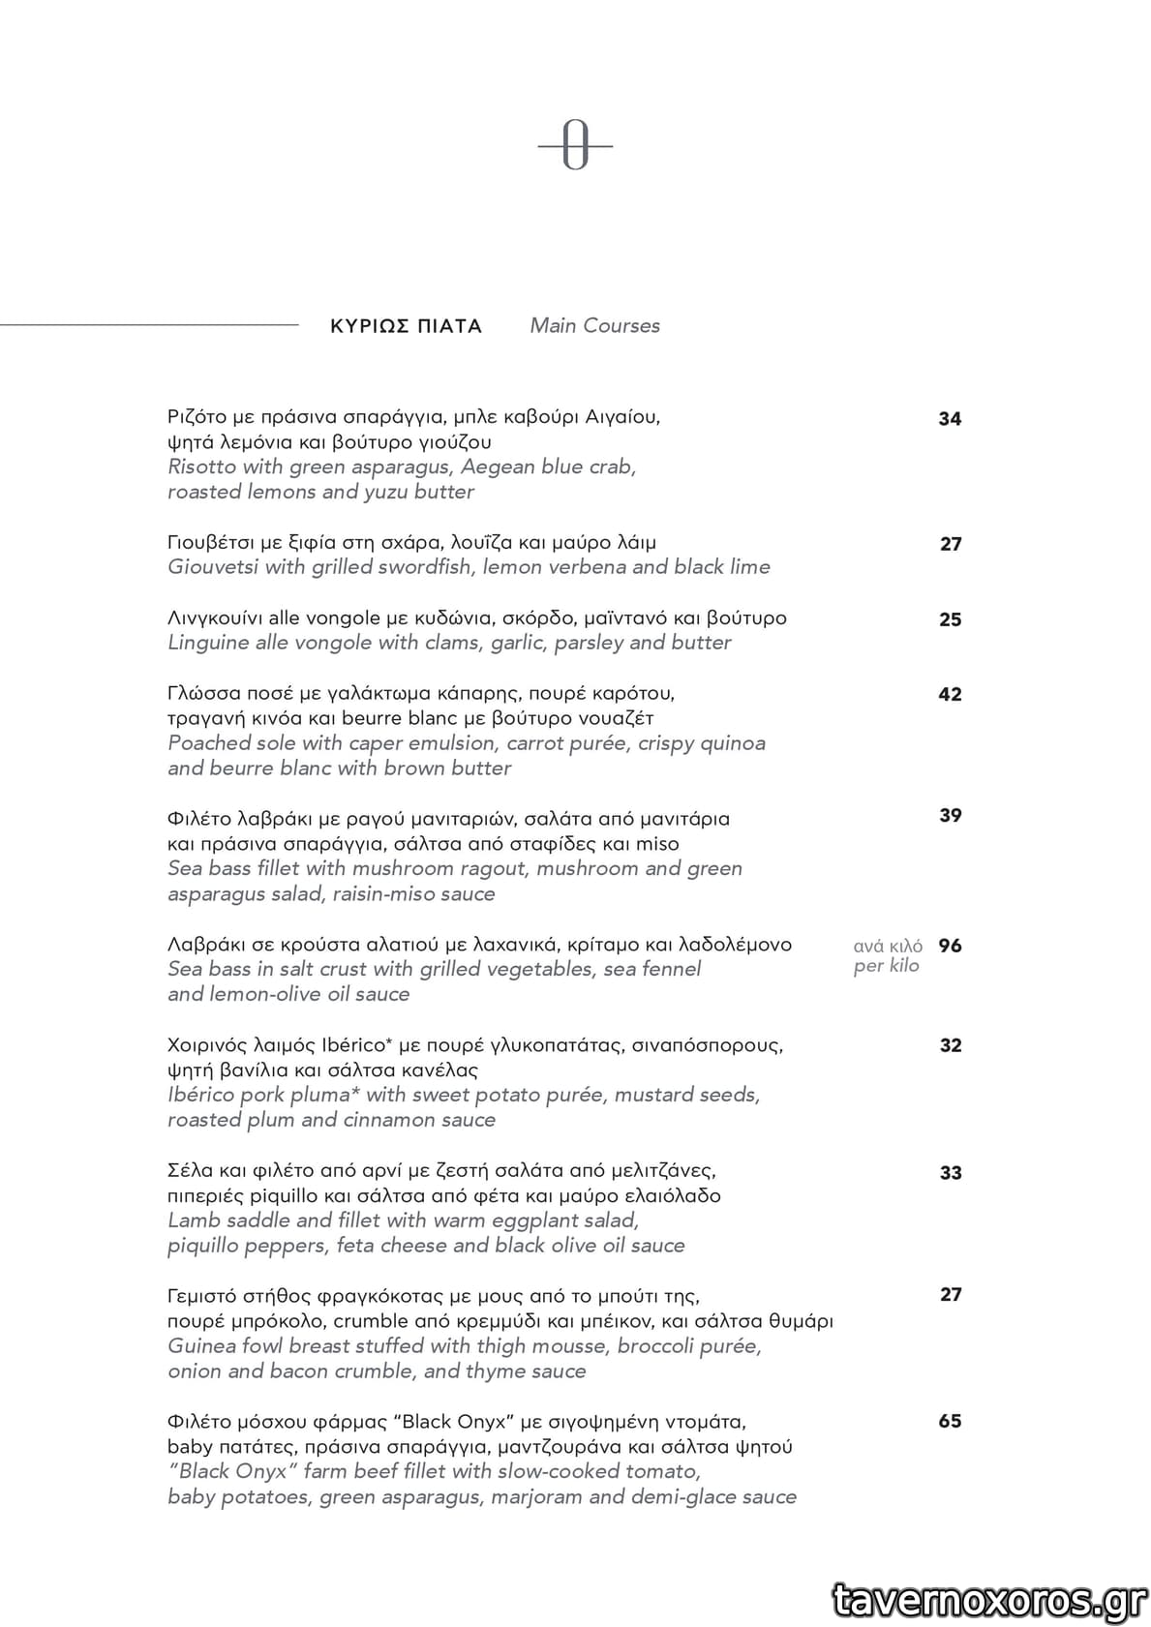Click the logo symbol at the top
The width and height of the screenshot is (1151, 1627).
tap(575, 147)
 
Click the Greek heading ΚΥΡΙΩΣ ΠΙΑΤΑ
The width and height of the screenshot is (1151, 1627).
tap(406, 326)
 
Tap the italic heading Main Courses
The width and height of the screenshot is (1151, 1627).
tap(594, 326)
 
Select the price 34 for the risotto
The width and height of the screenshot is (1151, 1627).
tap(950, 419)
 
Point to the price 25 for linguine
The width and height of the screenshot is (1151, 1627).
tap(950, 619)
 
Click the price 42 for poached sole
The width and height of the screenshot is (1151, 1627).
tap(950, 694)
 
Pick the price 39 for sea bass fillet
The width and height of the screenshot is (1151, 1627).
tap(950, 815)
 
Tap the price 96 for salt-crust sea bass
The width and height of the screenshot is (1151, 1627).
tap(950, 946)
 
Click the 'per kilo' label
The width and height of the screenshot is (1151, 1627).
tap(886, 966)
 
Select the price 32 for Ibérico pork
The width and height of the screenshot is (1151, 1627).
tap(950, 1045)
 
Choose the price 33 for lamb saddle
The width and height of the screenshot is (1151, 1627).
tap(950, 1173)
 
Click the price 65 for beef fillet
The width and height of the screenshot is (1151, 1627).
tap(950, 1421)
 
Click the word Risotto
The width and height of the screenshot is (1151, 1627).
tap(201, 467)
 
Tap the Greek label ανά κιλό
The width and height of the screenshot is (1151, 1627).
tap(888, 946)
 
